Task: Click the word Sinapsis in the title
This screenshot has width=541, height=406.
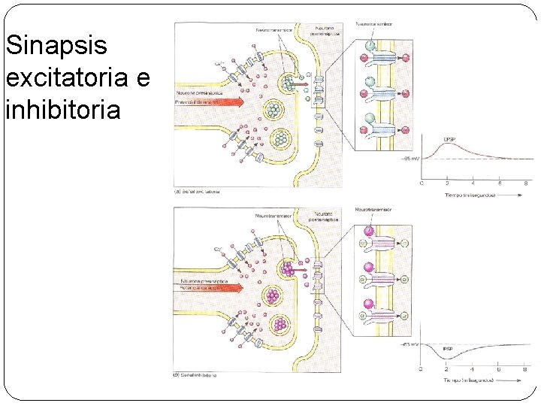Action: (x=56, y=47)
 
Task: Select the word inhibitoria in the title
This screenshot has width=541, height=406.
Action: (x=62, y=111)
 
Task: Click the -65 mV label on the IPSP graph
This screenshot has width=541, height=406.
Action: (x=410, y=342)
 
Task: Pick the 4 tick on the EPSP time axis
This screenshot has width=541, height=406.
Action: (x=473, y=183)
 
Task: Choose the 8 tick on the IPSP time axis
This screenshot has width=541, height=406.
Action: (x=524, y=369)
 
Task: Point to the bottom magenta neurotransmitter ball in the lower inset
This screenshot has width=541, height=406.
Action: (x=369, y=304)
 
